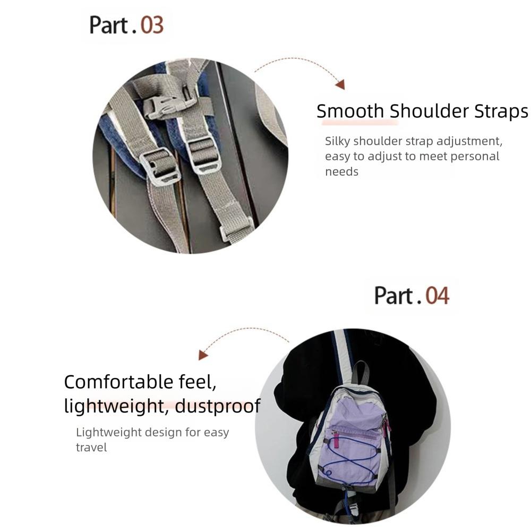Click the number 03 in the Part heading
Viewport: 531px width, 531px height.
pyautogui.click(x=152, y=25)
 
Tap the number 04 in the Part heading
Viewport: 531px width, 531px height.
pyautogui.click(x=437, y=296)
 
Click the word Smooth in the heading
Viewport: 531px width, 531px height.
pyautogui.click(x=350, y=111)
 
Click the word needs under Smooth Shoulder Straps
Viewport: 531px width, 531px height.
pyautogui.click(x=341, y=172)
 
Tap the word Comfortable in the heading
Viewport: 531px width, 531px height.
pyautogui.click(x=118, y=382)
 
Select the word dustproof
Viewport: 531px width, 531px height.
pyautogui.click(x=218, y=406)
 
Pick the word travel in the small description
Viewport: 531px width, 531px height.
pyautogui.click(x=91, y=447)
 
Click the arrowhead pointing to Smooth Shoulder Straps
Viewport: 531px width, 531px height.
pyautogui.click(x=340, y=84)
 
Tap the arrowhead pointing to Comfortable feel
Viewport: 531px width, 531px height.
pyautogui.click(x=202, y=355)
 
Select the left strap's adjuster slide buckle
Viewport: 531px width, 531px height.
pyautogui.click(x=158, y=167)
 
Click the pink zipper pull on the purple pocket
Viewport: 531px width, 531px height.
pyautogui.click(x=336, y=439)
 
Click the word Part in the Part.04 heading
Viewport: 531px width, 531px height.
pyautogui.click(x=393, y=296)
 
